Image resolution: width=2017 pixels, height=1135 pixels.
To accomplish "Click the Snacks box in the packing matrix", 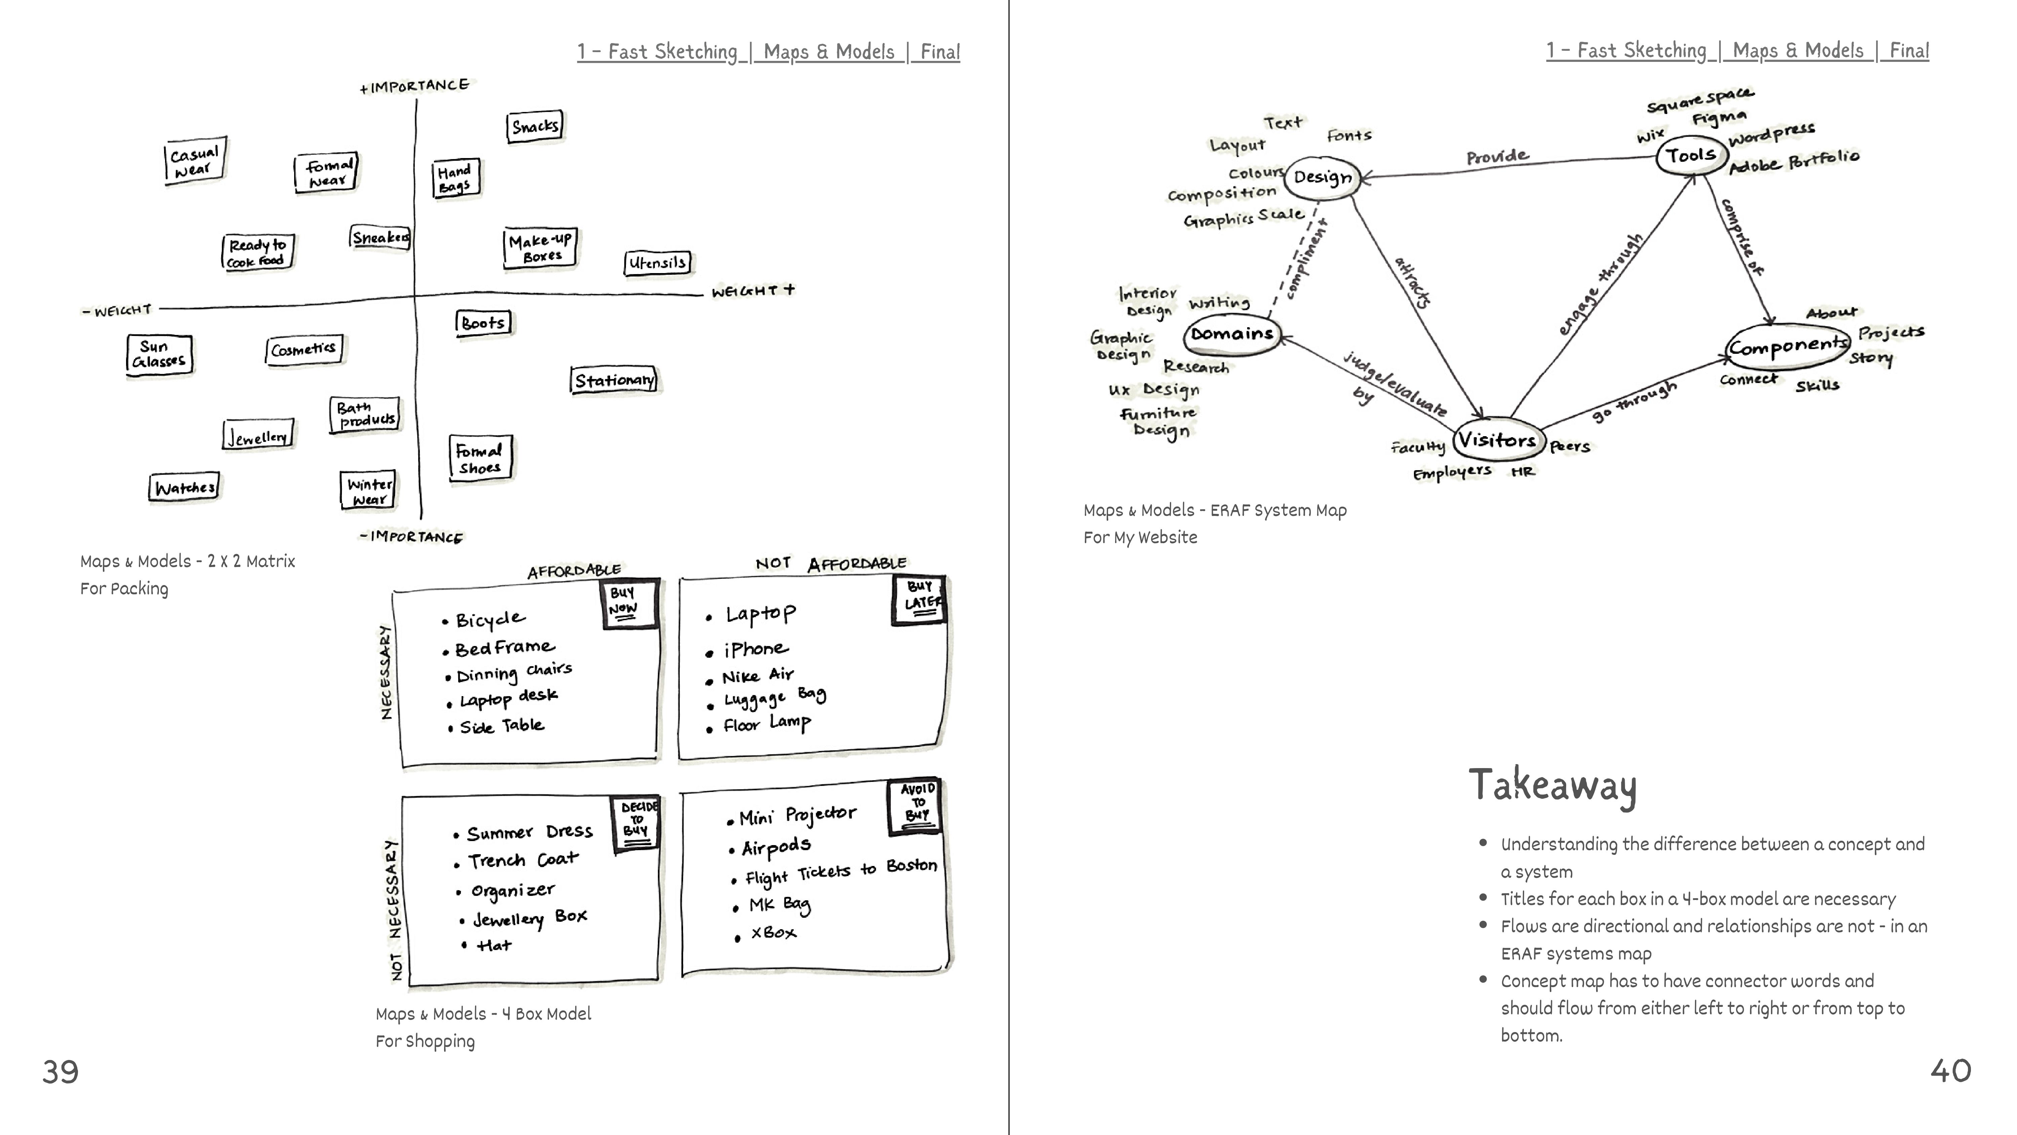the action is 536,126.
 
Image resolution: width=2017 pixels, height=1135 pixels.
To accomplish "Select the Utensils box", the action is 658,263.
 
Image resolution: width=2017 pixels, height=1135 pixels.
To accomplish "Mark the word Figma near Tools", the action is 1719,118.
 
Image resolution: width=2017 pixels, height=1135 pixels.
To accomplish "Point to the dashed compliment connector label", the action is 1307,259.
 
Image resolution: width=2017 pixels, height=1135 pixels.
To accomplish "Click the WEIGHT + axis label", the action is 752,291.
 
